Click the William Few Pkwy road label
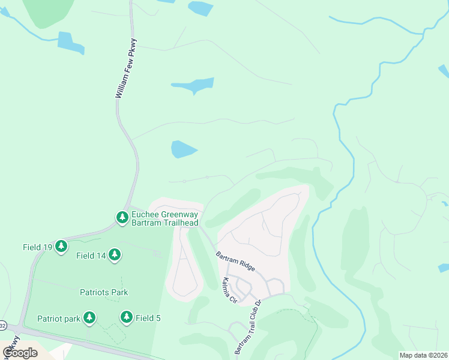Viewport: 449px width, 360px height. [126, 69]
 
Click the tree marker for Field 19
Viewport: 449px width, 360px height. [61, 246]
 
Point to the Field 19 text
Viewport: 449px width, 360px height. [38, 247]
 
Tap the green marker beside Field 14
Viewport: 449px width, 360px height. [114, 255]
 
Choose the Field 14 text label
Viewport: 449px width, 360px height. [91, 256]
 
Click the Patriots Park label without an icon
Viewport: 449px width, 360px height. [104, 292]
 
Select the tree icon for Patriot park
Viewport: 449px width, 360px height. [89, 317]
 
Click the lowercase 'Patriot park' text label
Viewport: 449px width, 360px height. [59, 319]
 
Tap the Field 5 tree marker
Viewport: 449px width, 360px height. [126, 317]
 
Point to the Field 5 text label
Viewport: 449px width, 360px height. [148, 319]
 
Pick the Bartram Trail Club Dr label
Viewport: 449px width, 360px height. [248, 326]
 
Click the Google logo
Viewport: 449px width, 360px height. [20, 352]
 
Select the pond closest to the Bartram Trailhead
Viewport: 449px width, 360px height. [183, 149]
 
